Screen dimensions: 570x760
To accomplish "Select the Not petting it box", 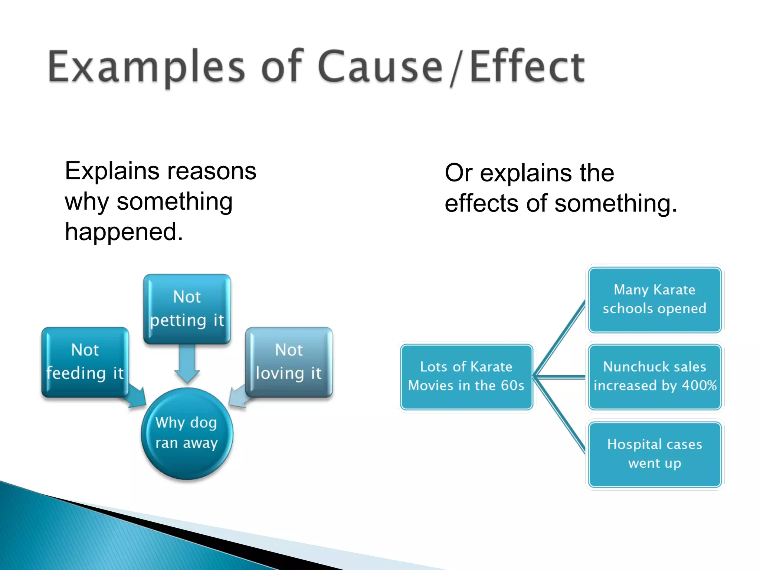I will [x=187, y=309].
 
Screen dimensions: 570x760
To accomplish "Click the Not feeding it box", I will [x=85, y=362].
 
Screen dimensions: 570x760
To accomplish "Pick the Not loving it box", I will [x=289, y=362].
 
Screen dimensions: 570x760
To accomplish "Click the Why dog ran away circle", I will [x=187, y=433].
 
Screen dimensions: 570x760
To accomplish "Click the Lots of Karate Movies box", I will [x=466, y=376].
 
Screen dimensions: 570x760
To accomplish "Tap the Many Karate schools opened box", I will [x=654, y=299].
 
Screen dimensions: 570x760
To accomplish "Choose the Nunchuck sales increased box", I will [x=654, y=376].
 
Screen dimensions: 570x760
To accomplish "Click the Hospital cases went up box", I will [x=654, y=454].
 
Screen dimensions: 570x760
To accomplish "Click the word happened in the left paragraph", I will [x=124, y=232].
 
